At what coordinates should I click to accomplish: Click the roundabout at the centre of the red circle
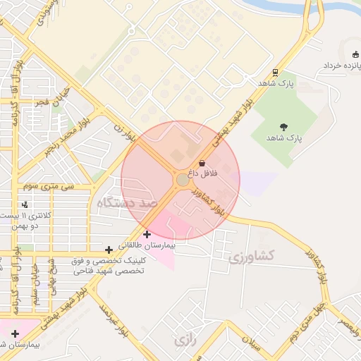tap(181, 180)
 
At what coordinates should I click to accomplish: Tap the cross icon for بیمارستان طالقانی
tap(147, 234)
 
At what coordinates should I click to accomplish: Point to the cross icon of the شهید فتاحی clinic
tap(109, 250)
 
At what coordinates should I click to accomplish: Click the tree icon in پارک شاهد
tap(283, 127)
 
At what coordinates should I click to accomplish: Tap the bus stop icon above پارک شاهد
tap(274, 72)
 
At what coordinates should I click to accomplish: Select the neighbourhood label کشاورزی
tap(252, 256)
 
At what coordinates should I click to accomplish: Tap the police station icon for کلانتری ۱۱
tap(25, 204)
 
